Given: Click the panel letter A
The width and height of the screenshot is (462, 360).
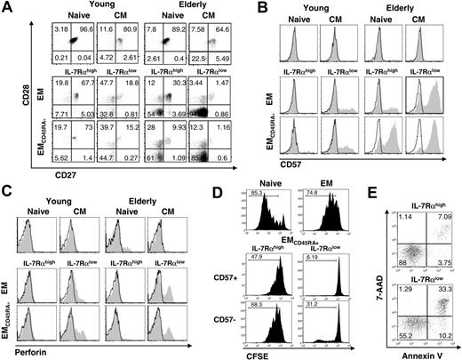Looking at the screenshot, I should [x=6, y=7].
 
